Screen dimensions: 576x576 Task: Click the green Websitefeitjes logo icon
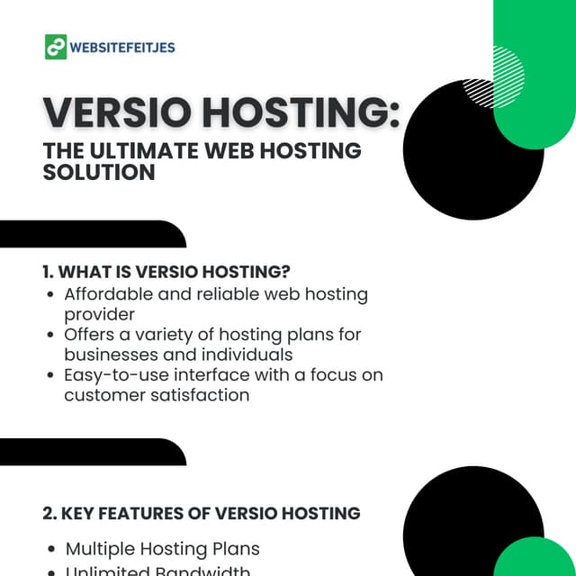[x=56, y=47]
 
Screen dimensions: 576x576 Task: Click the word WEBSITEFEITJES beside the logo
[x=122, y=47]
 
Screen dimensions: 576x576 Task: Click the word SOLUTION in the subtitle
[x=99, y=172]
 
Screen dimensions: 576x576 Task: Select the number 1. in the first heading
[x=49, y=272]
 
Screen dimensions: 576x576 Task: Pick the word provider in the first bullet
[x=99, y=314]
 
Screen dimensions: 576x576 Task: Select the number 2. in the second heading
[x=50, y=513]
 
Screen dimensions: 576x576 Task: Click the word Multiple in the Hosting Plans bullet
[x=101, y=548]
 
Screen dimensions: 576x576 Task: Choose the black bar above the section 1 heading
[x=90, y=234]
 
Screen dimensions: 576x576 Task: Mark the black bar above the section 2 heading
[x=90, y=452]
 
